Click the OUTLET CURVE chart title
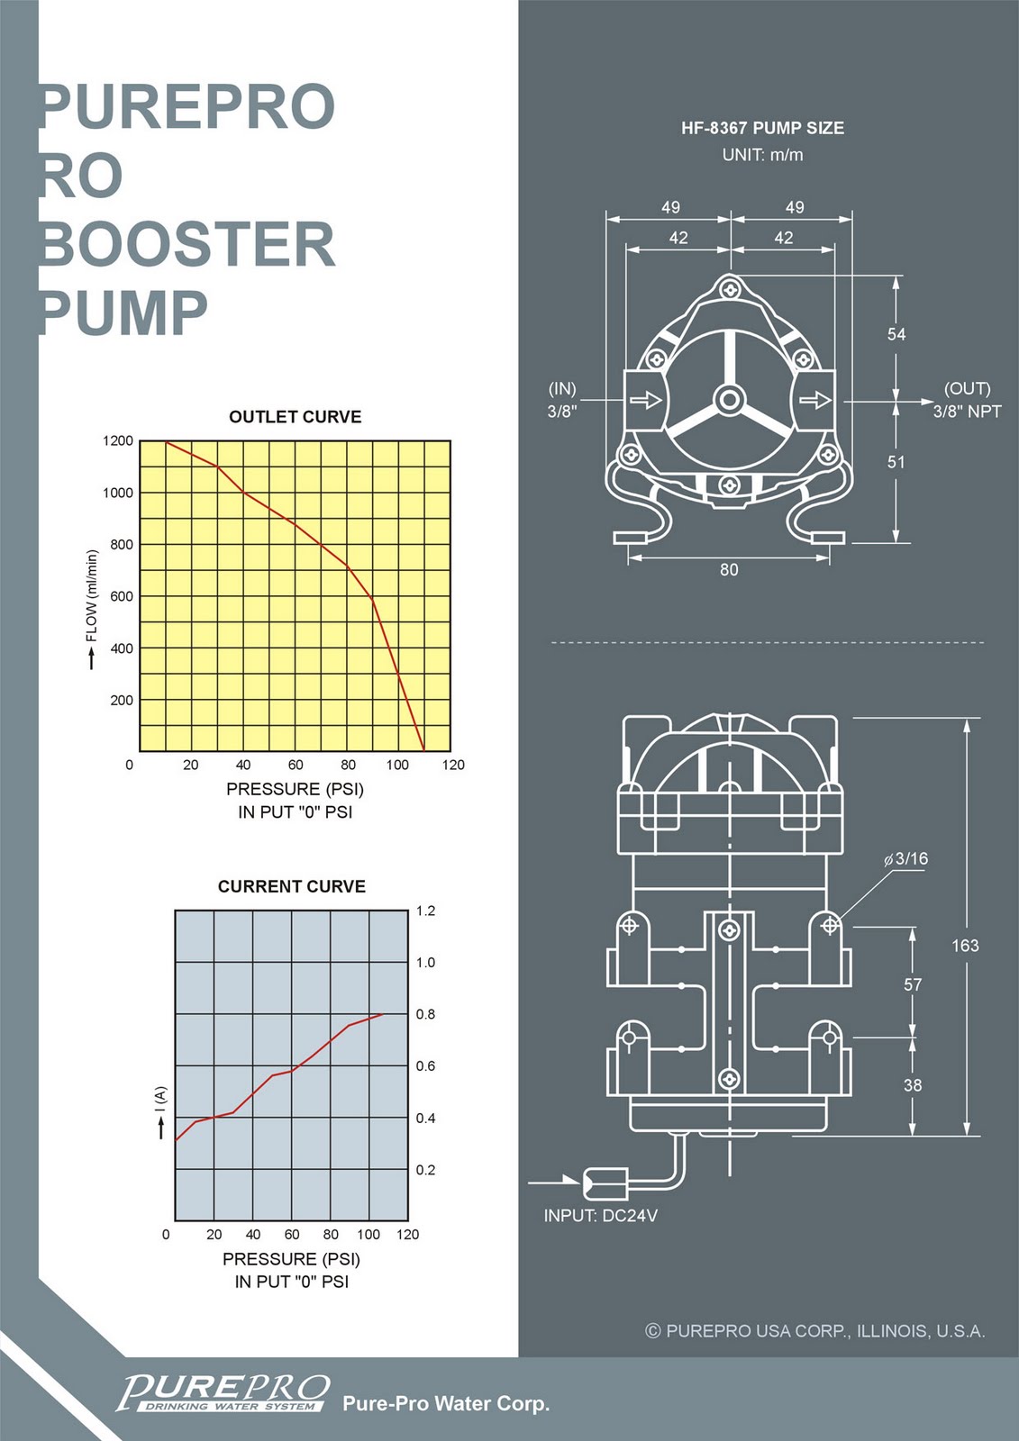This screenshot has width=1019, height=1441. coord(295,417)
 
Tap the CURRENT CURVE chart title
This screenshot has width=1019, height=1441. coord(291,886)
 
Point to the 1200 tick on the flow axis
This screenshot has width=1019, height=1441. coord(118,441)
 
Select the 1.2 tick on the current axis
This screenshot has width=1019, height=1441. coord(425,911)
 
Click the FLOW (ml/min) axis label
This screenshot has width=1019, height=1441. coord(91,596)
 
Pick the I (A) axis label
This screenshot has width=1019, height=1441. coord(160,1100)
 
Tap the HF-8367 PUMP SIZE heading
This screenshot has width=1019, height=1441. coord(762,128)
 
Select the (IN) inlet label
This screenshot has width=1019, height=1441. coord(562,388)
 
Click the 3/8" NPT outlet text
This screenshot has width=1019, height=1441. coord(967,412)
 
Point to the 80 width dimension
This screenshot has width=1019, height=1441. coord(729,569)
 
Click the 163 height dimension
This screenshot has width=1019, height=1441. coord(965,946)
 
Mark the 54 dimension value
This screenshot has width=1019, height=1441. coord(896,334)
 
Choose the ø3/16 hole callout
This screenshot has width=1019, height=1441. coord(905,858)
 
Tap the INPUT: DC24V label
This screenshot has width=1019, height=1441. coord(600,1216)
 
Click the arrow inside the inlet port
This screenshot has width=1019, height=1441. coord(645,399)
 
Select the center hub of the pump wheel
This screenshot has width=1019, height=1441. coord(729,399)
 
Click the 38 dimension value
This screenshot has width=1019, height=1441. coord(913,1085)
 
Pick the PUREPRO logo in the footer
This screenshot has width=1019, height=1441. coord(223,1393)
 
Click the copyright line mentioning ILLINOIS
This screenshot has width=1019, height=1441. coord(815,1331)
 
